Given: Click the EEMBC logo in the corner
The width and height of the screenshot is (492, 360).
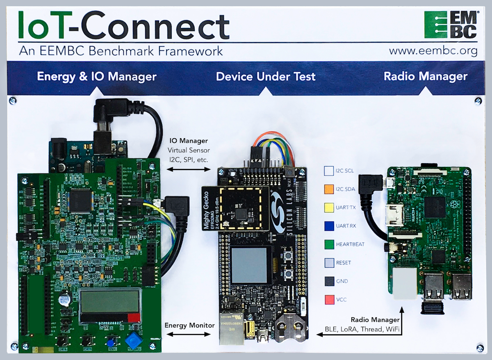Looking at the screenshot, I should coord(451,25).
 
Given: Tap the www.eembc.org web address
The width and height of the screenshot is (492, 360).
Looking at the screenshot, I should coord(433,51).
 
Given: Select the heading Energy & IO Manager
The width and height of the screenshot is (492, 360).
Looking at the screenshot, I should coord(97,77).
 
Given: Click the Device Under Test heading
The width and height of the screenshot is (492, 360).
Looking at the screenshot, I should coord(266,77).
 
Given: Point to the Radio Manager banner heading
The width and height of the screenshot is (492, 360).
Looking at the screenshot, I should coord(425,77).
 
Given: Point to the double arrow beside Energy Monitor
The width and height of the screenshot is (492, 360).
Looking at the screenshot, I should coord(189,335).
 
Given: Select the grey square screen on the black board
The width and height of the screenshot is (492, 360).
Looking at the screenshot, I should coord(249,265).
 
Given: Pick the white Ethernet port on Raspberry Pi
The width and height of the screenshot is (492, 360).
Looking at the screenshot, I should coord(405,285).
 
